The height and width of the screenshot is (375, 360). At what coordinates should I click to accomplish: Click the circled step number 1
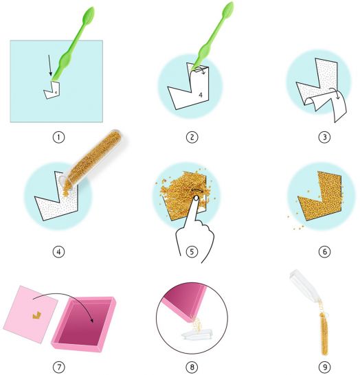(58, 137)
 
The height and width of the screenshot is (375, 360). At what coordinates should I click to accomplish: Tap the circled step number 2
(192, 137)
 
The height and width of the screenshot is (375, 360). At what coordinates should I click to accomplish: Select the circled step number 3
(324, 137)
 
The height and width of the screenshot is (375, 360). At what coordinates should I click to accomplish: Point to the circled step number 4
(58, 251)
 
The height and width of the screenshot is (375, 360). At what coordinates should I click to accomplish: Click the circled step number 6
(324, 251)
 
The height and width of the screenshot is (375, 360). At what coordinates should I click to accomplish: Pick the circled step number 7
(58, 367)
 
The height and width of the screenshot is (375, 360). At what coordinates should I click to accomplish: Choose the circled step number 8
(192, 367)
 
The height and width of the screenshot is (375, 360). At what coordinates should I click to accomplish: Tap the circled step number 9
(324, 367)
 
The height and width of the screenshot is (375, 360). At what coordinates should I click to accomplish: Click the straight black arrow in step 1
(49, 65)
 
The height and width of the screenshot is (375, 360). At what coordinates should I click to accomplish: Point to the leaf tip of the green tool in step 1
(91, 8)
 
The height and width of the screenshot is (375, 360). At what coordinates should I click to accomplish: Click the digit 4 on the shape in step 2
(201, 95)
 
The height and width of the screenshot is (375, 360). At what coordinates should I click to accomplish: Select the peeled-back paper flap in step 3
(326, 105)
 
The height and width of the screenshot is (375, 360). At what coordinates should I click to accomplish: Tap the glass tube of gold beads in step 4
(92, 159)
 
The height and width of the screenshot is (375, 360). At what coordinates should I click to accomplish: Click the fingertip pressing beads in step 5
(196, 198)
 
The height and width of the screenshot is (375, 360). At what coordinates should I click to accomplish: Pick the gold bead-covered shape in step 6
(320, 196)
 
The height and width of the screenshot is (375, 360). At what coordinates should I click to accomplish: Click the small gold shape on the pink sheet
(36, 316)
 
